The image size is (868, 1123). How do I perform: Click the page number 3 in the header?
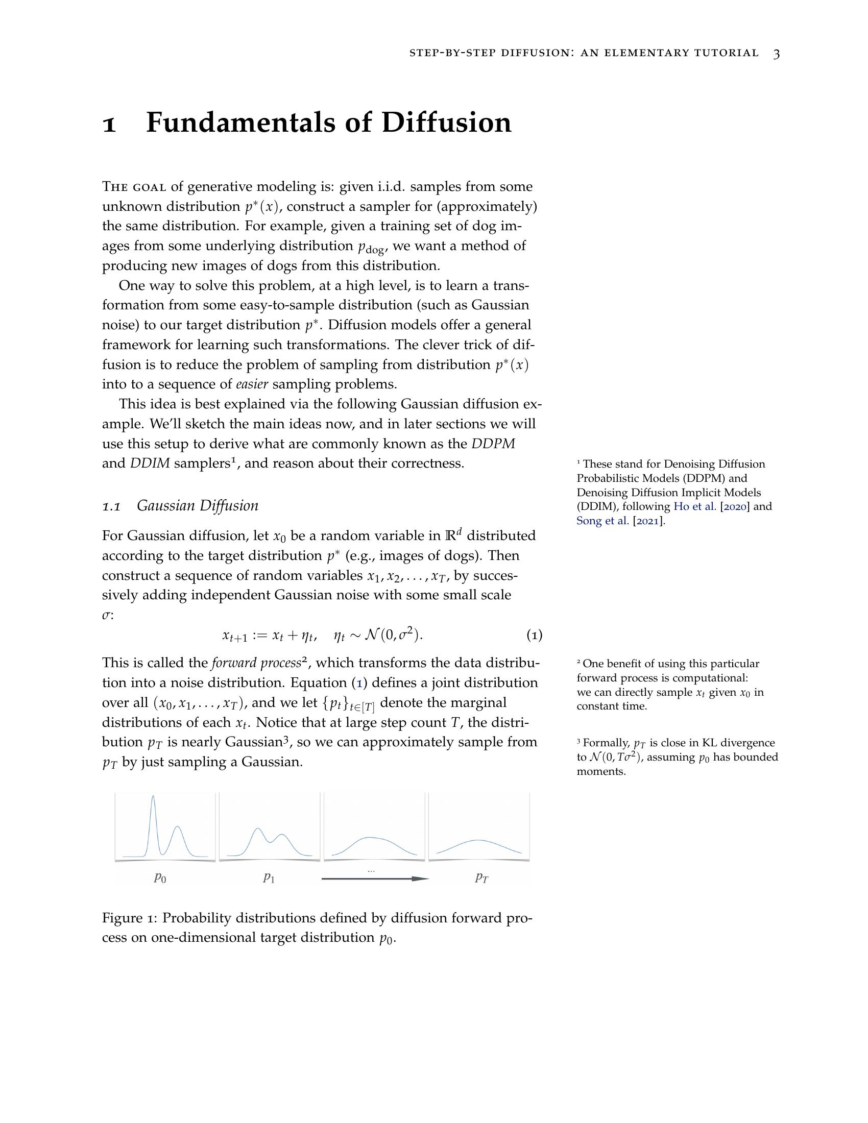pos(777,54)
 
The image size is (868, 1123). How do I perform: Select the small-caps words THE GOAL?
pos(134,187)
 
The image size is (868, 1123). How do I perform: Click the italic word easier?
pos(252,384)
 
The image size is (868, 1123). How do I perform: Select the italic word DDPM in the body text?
pos(493,444)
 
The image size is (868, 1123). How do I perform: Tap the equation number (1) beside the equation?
pos(534,636)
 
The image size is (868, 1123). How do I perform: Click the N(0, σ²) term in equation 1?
pos(393,636)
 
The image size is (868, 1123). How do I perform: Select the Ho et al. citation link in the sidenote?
pos(694,506)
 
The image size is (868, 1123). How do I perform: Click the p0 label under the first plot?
pos(160,878)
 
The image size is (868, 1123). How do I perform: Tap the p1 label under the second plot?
pos(269,878)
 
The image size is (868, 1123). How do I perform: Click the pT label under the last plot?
pos(481,878)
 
